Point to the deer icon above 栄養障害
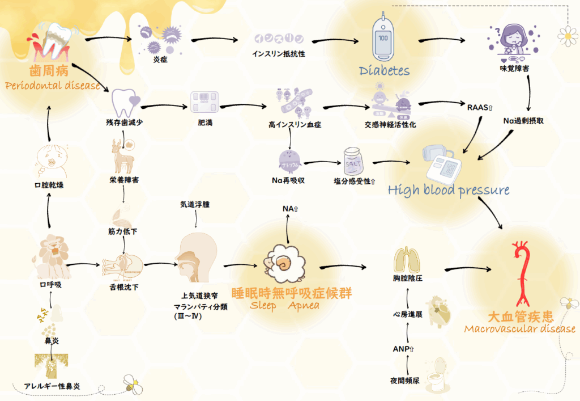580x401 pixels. [122, 156]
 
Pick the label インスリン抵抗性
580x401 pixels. [279, 54]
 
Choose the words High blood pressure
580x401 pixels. [449, 189]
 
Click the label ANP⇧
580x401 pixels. [404, 349]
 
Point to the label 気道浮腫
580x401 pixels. [195, 204]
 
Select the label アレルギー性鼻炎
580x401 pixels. [52, 386]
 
